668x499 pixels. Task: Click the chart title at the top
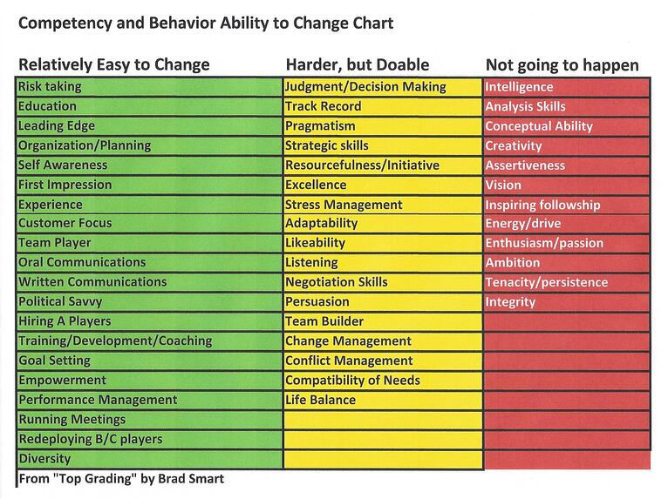coord(206,23)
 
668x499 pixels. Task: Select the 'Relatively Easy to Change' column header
coord(114,64)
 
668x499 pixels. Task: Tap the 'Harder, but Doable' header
coord(358,64)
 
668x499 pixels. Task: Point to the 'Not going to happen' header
coord(562,65)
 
